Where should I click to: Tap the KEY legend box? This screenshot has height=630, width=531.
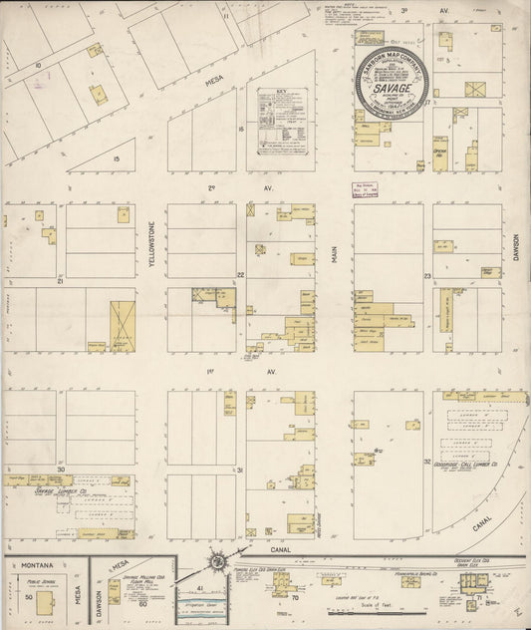[x=279, y=121]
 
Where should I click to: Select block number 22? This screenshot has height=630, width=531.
[x=240, y=274]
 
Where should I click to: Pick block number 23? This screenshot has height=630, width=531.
[x=426, y=274]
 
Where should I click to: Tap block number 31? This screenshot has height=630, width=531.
[x=240, y=469]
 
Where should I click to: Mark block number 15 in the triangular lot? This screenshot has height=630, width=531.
[x=117, y=157]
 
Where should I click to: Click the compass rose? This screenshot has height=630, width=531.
[x=217, y=563]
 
